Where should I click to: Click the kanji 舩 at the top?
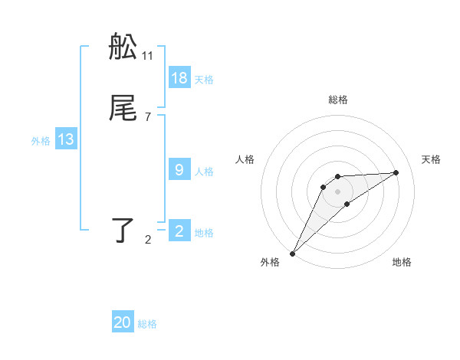click(x=123, y=47)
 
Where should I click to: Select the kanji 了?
click(x=123, y=231)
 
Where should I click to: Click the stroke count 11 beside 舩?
click(x=148, y=56)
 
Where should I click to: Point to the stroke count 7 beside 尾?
click(x=148, y=117)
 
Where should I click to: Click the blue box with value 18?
click(x=179, y=77)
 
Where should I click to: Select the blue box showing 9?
click(x=179, y=170)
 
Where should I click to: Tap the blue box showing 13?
click(x=66, y=139)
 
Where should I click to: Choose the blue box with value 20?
click(x=123, y=322)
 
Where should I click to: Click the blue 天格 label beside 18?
click(x=204, y=80)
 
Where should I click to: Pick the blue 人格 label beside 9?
click(x=204, y=172)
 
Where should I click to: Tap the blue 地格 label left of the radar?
click(x=204, y=233)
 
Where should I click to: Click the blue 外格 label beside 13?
click(x=41, y=141)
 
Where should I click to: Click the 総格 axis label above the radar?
click(x=338, y=100)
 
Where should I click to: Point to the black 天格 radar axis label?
click(x=432, y=159)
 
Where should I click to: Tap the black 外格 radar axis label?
click(x=270, y=263)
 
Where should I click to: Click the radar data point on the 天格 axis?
click(x=396, y=172)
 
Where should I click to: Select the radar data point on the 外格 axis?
click(x=292, y=254)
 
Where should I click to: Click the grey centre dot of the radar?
click(x=338, y=191)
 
